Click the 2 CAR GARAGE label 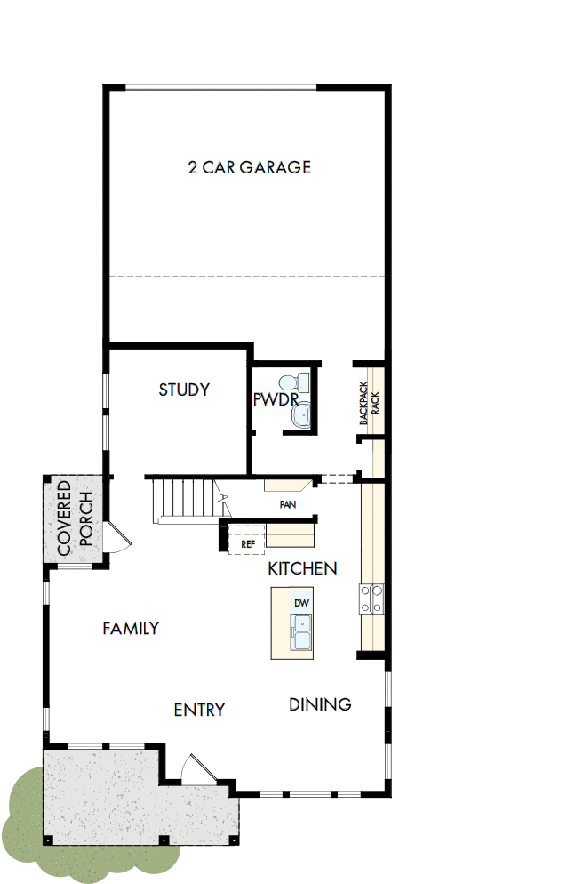[249, 167]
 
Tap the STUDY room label [184, 390]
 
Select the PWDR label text [275, 400]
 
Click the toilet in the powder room [303, 383]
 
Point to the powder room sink [303, 414]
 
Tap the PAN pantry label [287, 504]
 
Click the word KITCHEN [302, 568]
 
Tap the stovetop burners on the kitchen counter [371, 598]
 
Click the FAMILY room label [131, 628]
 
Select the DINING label [320, 704]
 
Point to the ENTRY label [199, 710]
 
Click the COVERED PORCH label [75, 518]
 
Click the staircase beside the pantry [182, 501]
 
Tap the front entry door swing [196, 770]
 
